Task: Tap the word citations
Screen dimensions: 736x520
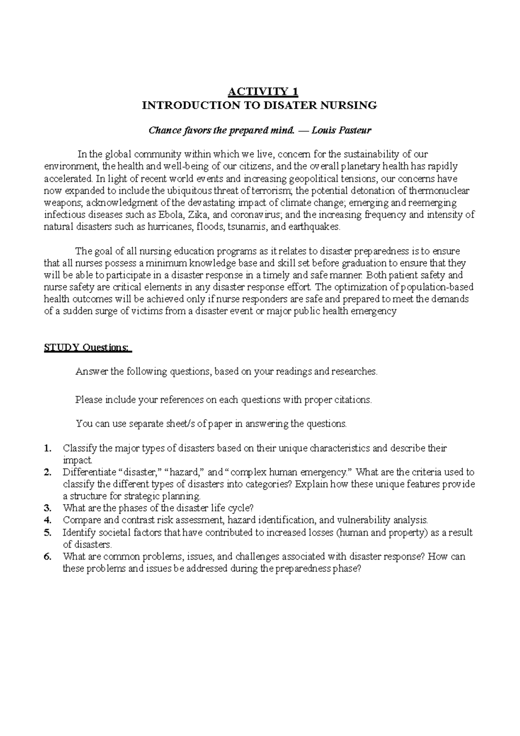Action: pos(353,400)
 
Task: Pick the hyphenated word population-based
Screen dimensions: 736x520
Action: pos(436,287)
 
